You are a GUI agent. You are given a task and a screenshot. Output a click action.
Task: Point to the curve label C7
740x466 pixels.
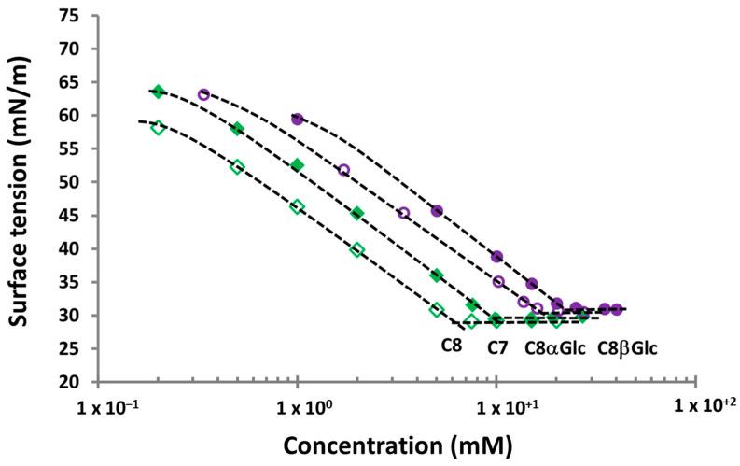(x=498, y=347)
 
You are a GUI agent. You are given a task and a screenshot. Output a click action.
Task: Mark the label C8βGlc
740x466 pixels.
(x=626, y=347)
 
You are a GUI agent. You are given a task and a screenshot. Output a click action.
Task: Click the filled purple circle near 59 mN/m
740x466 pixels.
(x=298, y=120)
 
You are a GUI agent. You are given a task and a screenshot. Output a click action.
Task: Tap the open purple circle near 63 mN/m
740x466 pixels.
(x=203, y=94)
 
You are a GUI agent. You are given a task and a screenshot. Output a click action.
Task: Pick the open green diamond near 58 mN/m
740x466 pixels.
(x=158, y=128)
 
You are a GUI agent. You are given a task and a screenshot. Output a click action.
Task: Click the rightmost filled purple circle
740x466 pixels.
(x=617, y=309)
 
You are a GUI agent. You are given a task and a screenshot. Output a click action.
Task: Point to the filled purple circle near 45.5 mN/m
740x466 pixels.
(x=437, y=210)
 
